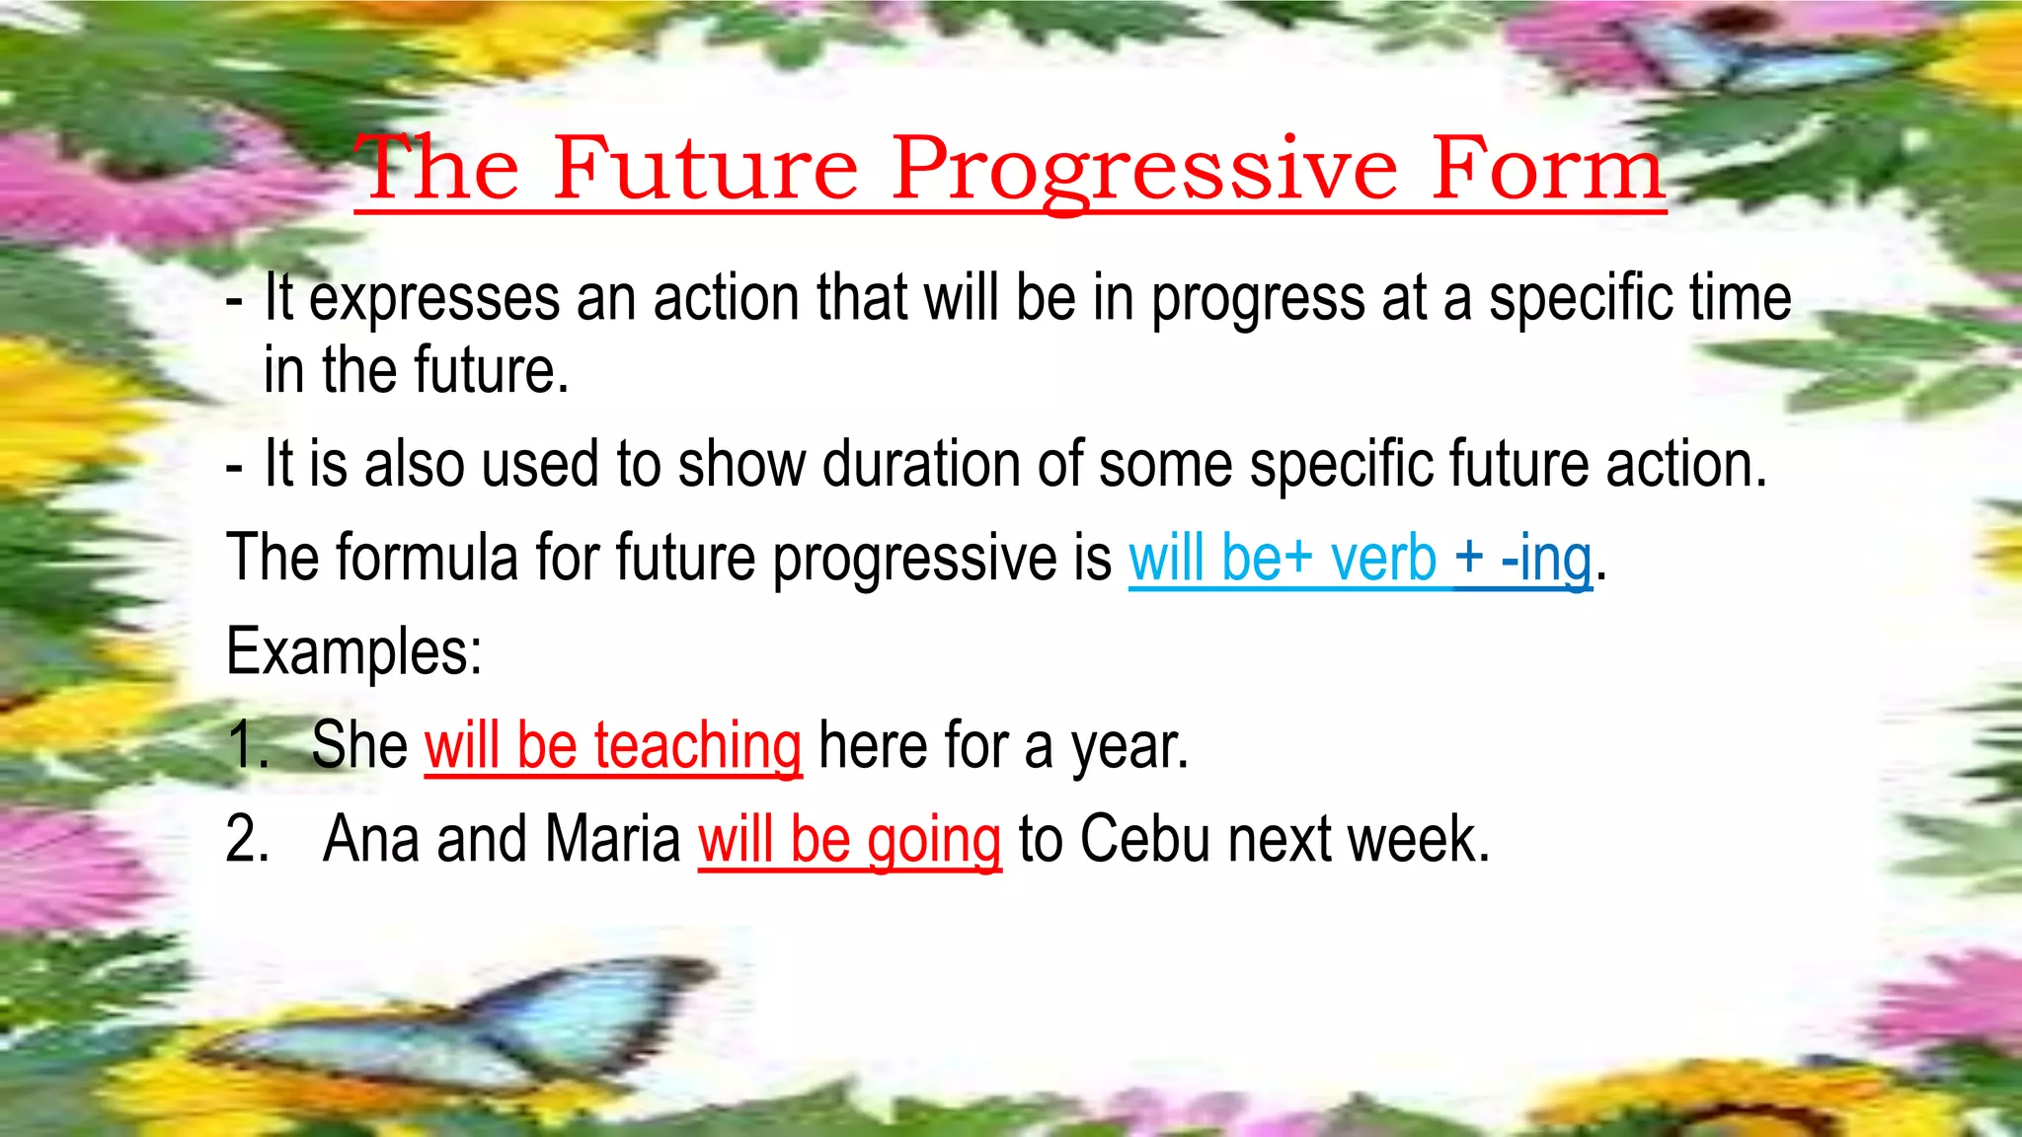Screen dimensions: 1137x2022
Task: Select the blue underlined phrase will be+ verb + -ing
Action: tap(1360, 559)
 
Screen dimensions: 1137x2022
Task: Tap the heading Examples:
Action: tap(353, 651)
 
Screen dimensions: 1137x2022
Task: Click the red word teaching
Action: tap(697, 745)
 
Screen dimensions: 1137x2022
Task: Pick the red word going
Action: tap(934, 840)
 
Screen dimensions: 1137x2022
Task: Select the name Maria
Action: tap(612, 840)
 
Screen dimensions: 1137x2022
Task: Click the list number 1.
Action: tap(245, 745)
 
